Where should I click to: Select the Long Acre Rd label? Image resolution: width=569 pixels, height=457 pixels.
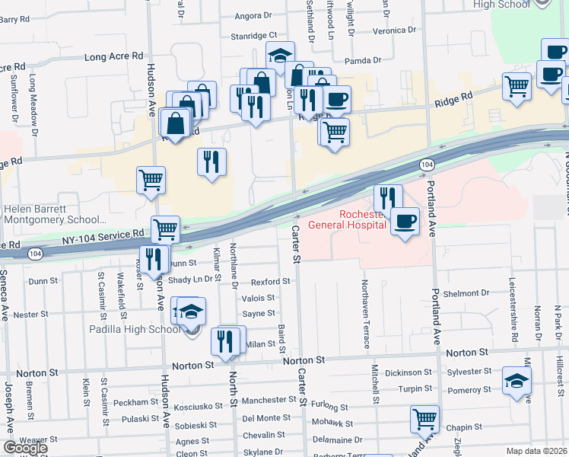click(114, 56)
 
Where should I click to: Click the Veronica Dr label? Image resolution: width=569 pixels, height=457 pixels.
click(395, 30)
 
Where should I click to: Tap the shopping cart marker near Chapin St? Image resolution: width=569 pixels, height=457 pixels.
click(424, 418)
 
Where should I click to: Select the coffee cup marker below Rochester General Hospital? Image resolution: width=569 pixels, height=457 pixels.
click(405, 222)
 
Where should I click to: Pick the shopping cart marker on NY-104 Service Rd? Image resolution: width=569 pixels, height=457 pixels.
click(165, 228)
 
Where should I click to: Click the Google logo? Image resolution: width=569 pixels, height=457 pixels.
click(24, 448)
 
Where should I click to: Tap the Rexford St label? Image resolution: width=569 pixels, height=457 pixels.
click(271, 281)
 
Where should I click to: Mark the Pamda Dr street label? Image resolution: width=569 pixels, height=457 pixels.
click(362, 60)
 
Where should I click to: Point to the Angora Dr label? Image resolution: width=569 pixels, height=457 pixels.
click(253, 15)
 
